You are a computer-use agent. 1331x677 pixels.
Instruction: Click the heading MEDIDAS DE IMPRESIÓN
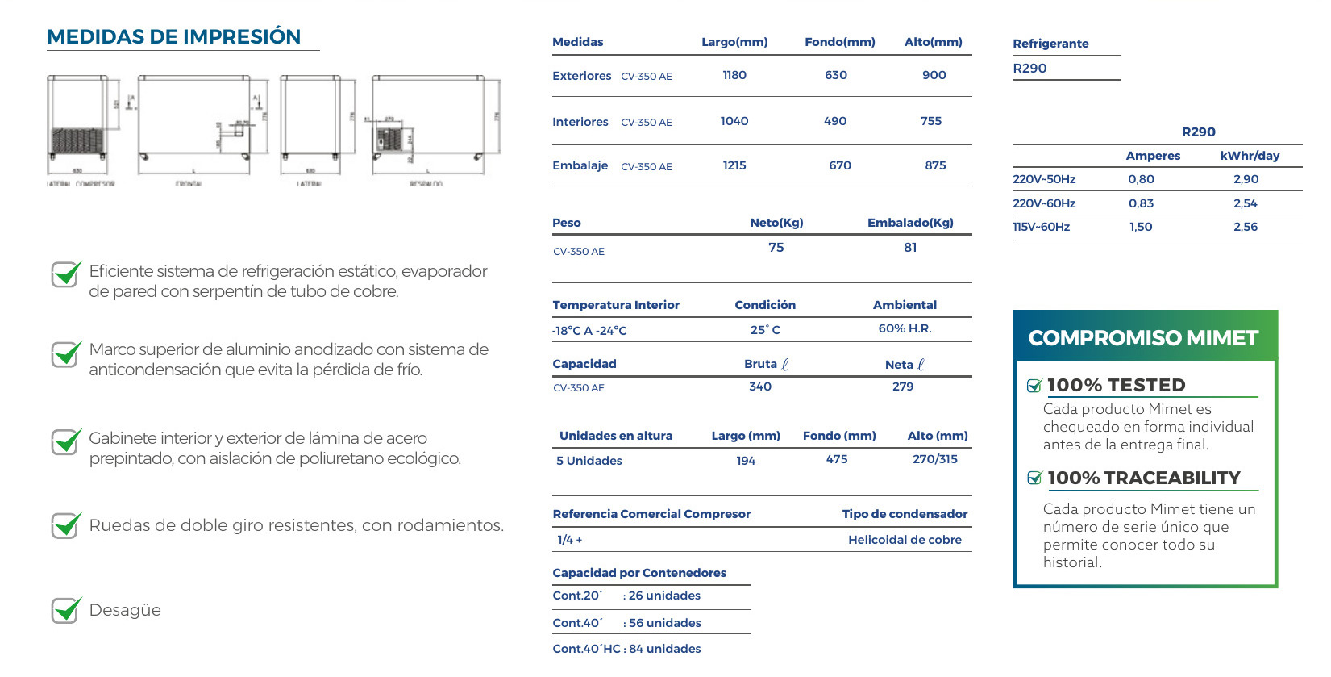[173, 37]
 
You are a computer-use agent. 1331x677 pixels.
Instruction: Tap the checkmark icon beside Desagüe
[66, 610]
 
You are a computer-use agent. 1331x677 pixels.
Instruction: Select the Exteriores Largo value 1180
[734, 75]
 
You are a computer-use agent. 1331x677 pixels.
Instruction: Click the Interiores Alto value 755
[931, 121]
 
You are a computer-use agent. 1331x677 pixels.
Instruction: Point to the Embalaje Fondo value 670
[840, 165]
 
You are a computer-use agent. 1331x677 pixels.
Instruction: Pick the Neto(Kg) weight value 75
[776, 248]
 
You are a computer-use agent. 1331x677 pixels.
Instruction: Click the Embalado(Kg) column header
[910, 223]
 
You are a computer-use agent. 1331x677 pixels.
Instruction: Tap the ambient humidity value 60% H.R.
[905, 328]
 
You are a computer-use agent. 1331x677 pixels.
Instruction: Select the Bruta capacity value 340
[760, 387]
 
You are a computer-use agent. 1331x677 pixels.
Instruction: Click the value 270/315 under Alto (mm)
[935, 459]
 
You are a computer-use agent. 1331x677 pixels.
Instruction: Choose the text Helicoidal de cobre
[905, 540]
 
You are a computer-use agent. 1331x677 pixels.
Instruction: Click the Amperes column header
[1153, 156]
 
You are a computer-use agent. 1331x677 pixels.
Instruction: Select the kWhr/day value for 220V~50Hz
[1246, 179]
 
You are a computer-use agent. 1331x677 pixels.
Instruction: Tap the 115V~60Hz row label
[1042, 227]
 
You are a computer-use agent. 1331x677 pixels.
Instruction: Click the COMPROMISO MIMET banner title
[1143, 338]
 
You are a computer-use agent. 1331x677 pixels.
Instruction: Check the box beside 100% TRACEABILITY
[1035, 478]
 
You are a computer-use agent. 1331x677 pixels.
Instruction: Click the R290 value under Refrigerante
[1030, 69]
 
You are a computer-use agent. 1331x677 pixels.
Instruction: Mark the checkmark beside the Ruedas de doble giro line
[66, 525]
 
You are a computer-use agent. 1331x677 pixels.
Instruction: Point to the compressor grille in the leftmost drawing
[77, 140]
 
